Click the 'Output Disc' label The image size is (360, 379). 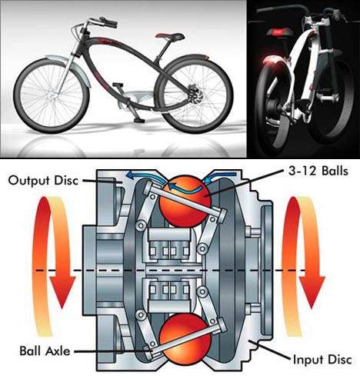[43, 181]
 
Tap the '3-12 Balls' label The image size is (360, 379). [318, 171]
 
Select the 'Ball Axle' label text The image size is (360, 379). [45, 351]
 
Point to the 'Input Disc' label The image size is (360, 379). [322, 360]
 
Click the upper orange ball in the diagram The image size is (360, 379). [185, 201]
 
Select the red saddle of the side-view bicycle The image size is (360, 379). [170, 35]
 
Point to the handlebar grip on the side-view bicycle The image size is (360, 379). [109, 22]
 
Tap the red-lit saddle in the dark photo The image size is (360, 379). [279, 32]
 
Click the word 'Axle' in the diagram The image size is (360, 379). [57, 351]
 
